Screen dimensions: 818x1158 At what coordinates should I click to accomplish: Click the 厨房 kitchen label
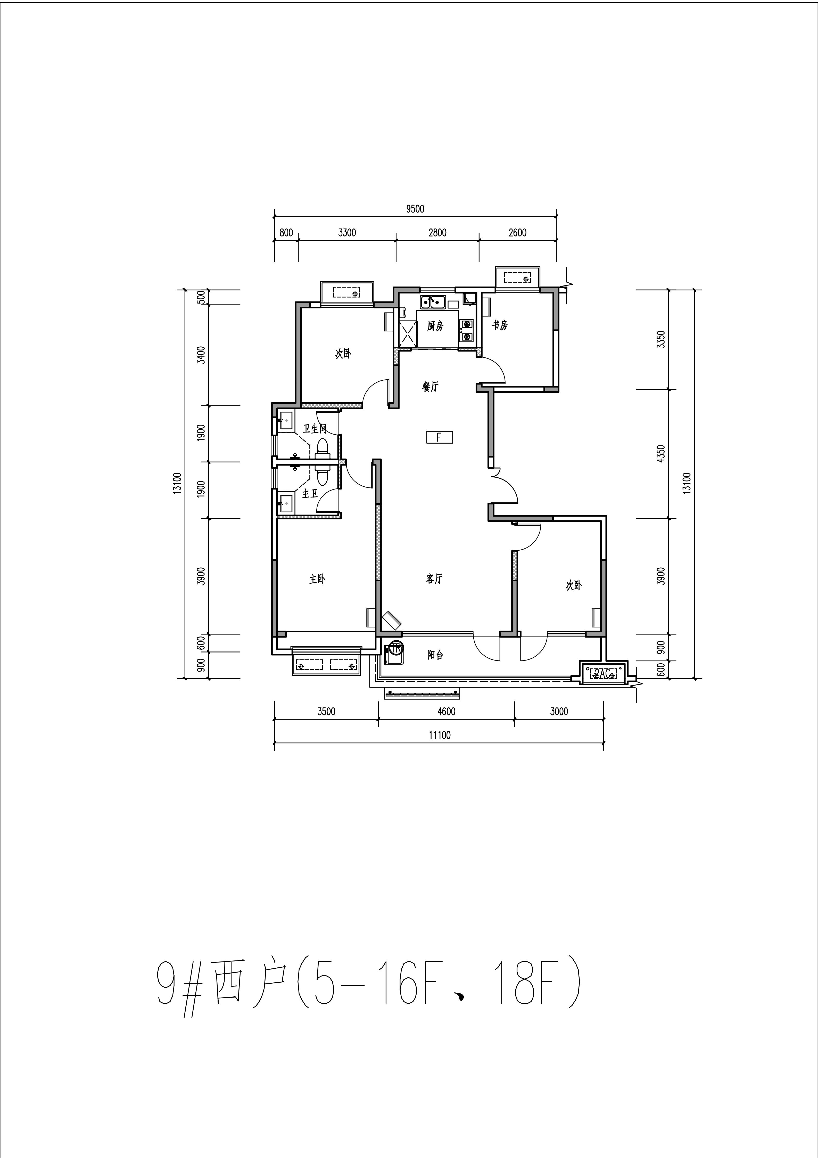coord(435,326)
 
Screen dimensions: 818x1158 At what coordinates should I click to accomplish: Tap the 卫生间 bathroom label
coord(315,429)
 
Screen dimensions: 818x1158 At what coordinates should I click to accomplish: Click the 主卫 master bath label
coord(310,494)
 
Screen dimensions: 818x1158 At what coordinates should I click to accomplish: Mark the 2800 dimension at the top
coord(437,233)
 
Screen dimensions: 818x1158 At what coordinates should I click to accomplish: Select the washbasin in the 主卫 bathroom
coord(285,502)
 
